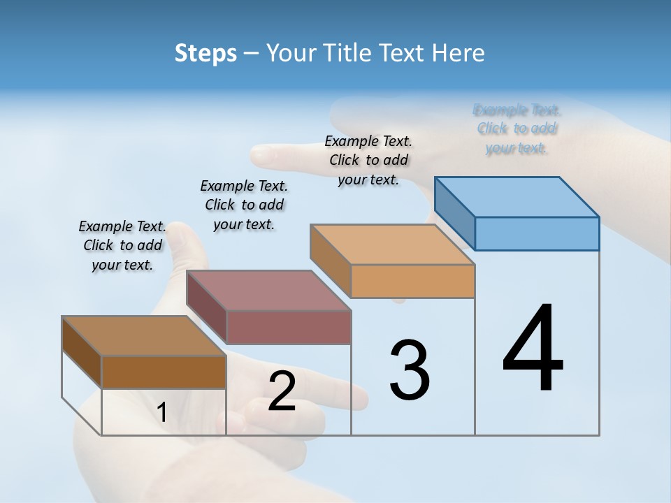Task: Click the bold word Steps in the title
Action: tap(205, 53)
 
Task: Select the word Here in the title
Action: tap(460, 53)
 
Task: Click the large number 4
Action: tap(533, 349)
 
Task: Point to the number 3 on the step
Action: tap(410, 370)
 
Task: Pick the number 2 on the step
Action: tap(282, 391)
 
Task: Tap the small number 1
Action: tap(162, 413)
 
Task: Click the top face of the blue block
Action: tap(517, 196)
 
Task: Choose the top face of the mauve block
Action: tap(269, 290)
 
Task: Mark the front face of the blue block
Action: tap(537, 233)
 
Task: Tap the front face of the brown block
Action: tap(164, 372)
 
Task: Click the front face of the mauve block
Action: tap(289, 327)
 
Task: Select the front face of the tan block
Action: tap(412, 282)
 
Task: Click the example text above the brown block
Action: tap(123, 245)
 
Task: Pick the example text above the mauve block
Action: tap(244, 205)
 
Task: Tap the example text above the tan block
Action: tap(368, 160)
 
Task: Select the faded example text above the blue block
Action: tap(517, 129)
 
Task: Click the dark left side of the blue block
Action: tap(454, 213)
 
